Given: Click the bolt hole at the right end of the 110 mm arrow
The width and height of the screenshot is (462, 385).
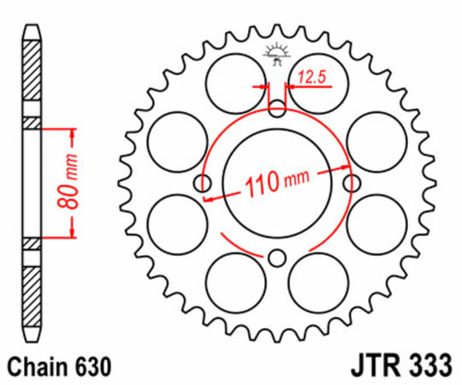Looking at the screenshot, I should (350, 184).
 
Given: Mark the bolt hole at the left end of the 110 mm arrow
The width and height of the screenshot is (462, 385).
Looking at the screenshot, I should (202, 184).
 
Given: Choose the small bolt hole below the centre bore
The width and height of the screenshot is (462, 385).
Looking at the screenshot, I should (275, 258).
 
